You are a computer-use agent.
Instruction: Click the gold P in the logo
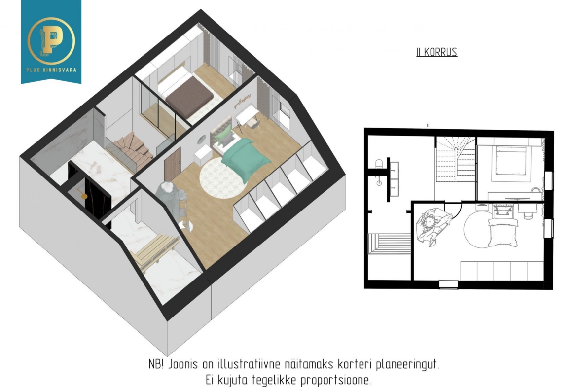coord(51,40)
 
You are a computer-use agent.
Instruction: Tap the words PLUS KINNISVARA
coord(51,70)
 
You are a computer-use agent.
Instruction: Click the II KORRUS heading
coord(437,52)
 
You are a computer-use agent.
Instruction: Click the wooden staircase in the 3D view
coord(133,151)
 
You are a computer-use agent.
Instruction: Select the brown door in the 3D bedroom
coord(172,165)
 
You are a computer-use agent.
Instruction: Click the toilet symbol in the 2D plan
coord(379,164)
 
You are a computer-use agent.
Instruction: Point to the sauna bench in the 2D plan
coord(390,243)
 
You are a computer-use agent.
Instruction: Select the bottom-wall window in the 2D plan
coord(449,284)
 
